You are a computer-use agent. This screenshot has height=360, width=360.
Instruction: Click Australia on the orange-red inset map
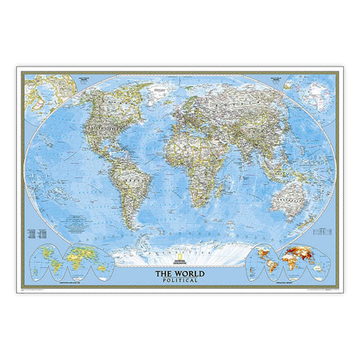click(315, 272)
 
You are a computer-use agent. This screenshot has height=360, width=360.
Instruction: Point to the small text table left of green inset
click(35, 233)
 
